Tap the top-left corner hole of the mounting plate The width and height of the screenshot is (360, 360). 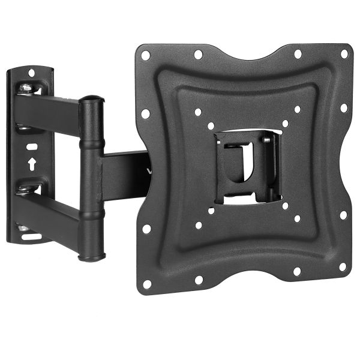pyautogui.click(x=145, y=55)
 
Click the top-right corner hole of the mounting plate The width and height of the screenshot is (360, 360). pyautogui.click(x=344, y=53)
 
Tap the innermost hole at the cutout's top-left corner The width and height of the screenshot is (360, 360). pyautogui.click(x=211, y=126)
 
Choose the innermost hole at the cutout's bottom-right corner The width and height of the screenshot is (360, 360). pyautogui.click(x=284, y=205)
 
